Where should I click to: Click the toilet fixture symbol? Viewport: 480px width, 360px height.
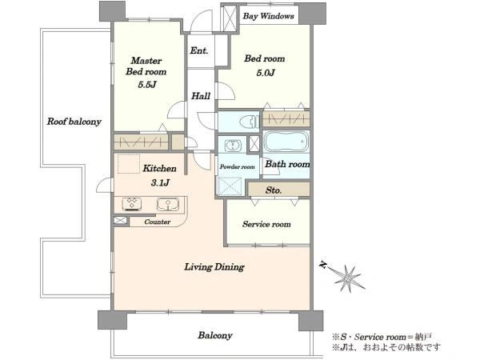(249, 122)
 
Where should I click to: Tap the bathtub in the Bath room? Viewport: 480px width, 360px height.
(286, 142)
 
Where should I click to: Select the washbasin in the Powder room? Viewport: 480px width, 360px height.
(233, 146)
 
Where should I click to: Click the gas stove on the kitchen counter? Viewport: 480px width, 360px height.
(132, 204)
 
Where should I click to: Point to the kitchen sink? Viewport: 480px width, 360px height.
(168, 204)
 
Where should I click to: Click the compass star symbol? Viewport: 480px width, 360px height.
(348, 278)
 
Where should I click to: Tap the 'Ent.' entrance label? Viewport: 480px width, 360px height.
(198, 50)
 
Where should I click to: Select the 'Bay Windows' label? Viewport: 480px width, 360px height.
(268, 16)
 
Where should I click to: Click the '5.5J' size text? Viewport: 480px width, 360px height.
(147, 85)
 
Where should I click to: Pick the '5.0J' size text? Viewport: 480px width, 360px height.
(266, 73)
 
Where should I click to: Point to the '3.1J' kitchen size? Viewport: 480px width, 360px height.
(160, 182)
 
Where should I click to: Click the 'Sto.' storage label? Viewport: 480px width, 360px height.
(274, 190)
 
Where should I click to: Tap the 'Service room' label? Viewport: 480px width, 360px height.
(266, 224)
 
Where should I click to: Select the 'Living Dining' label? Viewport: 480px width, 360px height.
(214, 267)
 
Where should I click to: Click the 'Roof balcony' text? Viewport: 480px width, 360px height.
(74, 122)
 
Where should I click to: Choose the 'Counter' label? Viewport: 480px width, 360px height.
(158, 222)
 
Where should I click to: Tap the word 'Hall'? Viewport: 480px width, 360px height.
(201, 96)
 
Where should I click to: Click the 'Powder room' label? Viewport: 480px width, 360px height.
(238, 167)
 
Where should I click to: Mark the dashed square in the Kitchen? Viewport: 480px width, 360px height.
(129, 164)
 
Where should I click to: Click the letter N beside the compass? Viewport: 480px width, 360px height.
(322, 265)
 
